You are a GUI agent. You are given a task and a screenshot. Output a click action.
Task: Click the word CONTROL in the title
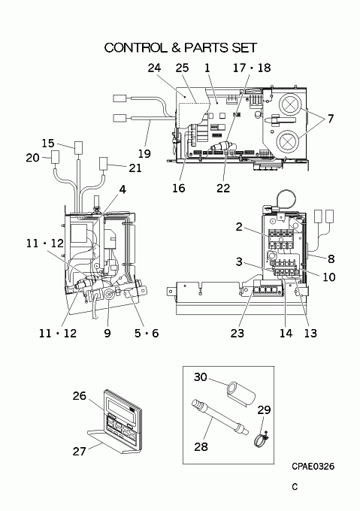[135, 47]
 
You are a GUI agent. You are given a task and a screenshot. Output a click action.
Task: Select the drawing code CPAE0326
[313, 467]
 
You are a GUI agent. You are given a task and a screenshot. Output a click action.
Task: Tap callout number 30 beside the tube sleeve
[201, 377]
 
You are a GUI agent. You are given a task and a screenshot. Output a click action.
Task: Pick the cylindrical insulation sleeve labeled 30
[241, 393]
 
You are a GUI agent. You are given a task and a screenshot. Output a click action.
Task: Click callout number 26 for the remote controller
[79, 396]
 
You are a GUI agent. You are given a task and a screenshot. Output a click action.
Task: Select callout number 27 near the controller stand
[79, 451]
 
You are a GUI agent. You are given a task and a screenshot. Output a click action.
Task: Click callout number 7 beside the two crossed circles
[331, 119]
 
